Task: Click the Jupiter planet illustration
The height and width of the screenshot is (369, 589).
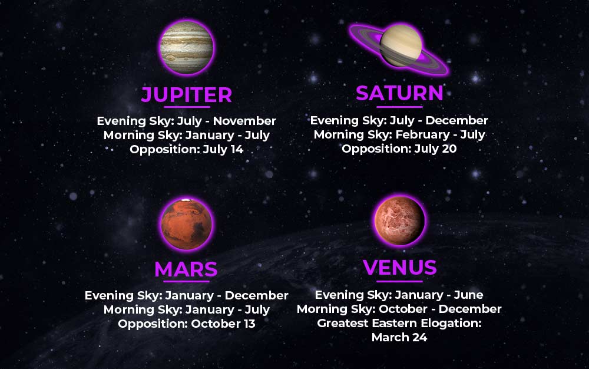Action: coord(187,47)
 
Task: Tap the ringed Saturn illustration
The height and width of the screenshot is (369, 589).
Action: coord(399,48)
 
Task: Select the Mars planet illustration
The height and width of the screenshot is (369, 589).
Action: coord(186,225)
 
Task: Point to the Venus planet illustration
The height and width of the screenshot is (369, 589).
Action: coord(400,221)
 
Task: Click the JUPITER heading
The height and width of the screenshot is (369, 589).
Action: coord(187,94)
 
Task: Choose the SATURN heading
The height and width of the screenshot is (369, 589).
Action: coord(399,93)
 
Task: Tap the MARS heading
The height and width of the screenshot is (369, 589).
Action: coord(186,269)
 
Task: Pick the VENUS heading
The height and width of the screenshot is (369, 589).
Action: coord(400,267)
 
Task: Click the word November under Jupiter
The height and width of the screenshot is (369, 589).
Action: coord(244,121)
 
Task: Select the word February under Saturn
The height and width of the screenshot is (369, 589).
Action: coord(422,134)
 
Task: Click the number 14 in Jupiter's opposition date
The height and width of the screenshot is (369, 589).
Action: coord(237,149)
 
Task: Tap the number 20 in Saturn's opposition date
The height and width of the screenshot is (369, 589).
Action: coord(449,149)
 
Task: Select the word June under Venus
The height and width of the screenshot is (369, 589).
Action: coord(468,295)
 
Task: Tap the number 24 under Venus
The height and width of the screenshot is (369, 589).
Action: coord(419,337)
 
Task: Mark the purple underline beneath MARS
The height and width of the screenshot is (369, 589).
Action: coord(186,281)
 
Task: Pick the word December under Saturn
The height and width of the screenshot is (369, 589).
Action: coord(456,120)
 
